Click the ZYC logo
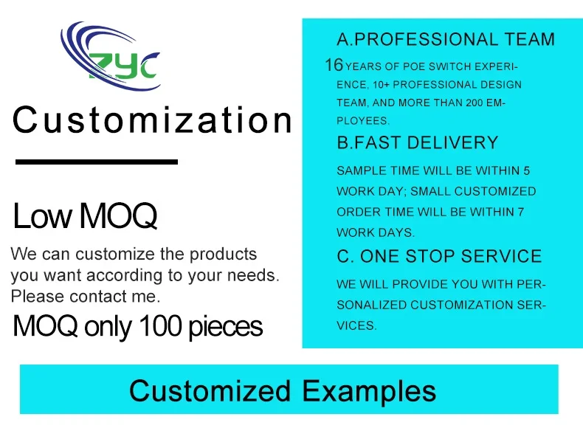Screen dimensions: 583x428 click(110, 56)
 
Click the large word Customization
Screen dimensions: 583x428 click(153, 120)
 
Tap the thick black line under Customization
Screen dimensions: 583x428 click(97, 162)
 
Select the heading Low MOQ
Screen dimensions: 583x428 click(85, 216)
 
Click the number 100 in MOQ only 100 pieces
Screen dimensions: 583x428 click(161, 325)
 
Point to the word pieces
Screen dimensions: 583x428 click(226, 327)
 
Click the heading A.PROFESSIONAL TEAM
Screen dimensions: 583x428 click(446, 39)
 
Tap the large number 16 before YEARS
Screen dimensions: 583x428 click(334, 65)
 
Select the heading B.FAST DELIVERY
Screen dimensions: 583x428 click(417, 142)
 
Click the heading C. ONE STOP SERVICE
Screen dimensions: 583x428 click(439, 256)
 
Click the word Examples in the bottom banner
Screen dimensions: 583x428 click(369, 392)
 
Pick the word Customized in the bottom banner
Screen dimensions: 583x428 click(210, 390)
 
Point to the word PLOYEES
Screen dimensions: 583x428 click(363, 121)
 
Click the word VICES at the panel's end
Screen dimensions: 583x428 click(356, 325)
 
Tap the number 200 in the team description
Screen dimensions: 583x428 click(475, 103)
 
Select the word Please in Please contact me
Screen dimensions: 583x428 click(38, 297)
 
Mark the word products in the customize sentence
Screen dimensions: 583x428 click(223, 255)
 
